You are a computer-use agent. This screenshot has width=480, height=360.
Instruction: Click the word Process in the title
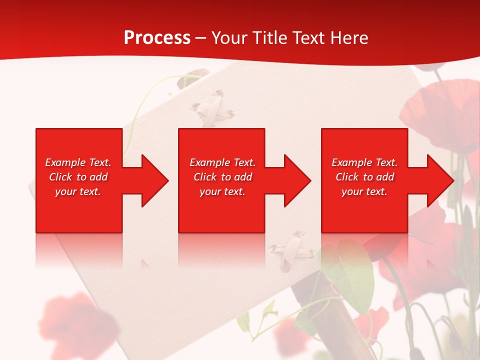pyautogui.click(x=157, y=38)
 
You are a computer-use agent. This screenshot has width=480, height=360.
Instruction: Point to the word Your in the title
pyautogui.click(x=230, y=38)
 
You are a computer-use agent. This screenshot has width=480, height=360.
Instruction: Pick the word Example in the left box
pyautogui.click(x=65, y=162)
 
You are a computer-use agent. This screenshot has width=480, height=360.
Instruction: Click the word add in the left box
pyautogui.click(x=98, y=177)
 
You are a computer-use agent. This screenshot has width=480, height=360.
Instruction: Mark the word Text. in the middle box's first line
pyautogui.click(x=244, y=162)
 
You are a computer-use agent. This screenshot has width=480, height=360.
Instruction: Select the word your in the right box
pyautogui.click(x=352, y=191)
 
